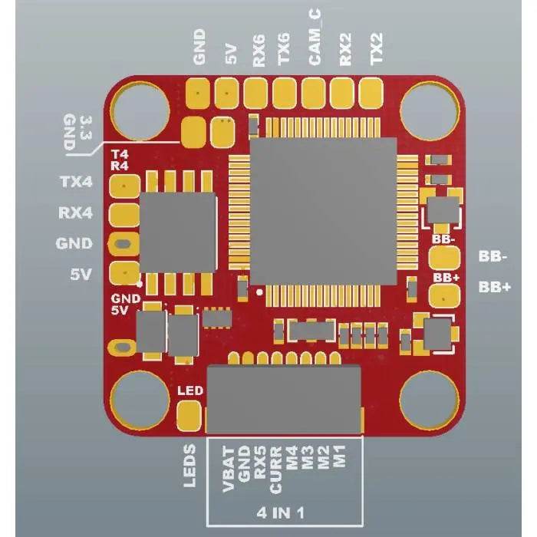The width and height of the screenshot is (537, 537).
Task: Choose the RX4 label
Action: (x=75, y=212)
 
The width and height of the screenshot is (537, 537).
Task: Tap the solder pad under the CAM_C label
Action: (x=313, y=94)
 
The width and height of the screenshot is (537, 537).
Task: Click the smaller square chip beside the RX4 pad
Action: (x=177, y=232)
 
